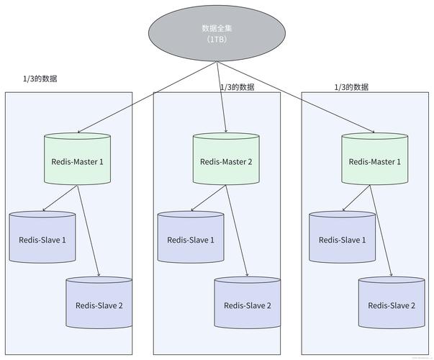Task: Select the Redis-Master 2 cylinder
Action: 226,161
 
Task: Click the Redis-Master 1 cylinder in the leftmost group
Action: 78,161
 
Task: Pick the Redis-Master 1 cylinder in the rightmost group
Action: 374,161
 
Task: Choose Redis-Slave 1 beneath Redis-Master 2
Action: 191,239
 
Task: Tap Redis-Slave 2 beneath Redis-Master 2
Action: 247,305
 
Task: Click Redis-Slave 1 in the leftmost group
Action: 42,239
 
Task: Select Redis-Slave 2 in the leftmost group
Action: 99,305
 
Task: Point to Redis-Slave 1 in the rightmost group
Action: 342,239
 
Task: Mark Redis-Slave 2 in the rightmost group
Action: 392,305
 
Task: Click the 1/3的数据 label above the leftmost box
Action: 40,78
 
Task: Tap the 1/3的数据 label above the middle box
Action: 237,87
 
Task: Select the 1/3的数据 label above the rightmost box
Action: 351,87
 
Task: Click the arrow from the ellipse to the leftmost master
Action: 144,97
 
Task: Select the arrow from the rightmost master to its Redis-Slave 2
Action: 384,230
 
